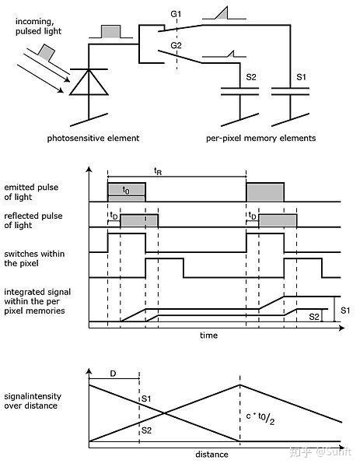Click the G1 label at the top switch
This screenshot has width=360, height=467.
[176, 14]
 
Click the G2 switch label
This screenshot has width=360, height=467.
[176, 45]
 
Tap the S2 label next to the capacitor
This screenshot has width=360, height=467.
[251, 77]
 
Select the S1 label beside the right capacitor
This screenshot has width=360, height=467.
[301, 77]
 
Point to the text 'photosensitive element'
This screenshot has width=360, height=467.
[93, 139]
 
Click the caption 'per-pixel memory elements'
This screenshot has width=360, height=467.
[261, 139]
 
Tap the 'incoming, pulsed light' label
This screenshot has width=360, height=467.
[38, 26]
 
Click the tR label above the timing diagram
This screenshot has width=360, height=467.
[158, 171]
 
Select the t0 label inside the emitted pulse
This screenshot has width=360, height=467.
[126, 190]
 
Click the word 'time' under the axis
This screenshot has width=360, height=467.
[208, 335]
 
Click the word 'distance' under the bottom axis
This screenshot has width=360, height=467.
[211, 455]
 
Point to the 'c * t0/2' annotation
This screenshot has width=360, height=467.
[260, 418]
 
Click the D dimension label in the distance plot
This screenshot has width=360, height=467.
[113, 374]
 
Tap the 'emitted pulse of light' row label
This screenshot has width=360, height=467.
[31, 192]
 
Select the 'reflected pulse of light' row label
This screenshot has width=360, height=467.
[33, 220]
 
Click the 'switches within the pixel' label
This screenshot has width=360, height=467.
[34, 258]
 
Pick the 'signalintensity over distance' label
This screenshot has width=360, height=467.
[33, 401]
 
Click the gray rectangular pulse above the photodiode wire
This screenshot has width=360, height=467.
[111, 32]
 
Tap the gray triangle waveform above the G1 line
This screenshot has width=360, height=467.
[222, 13]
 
